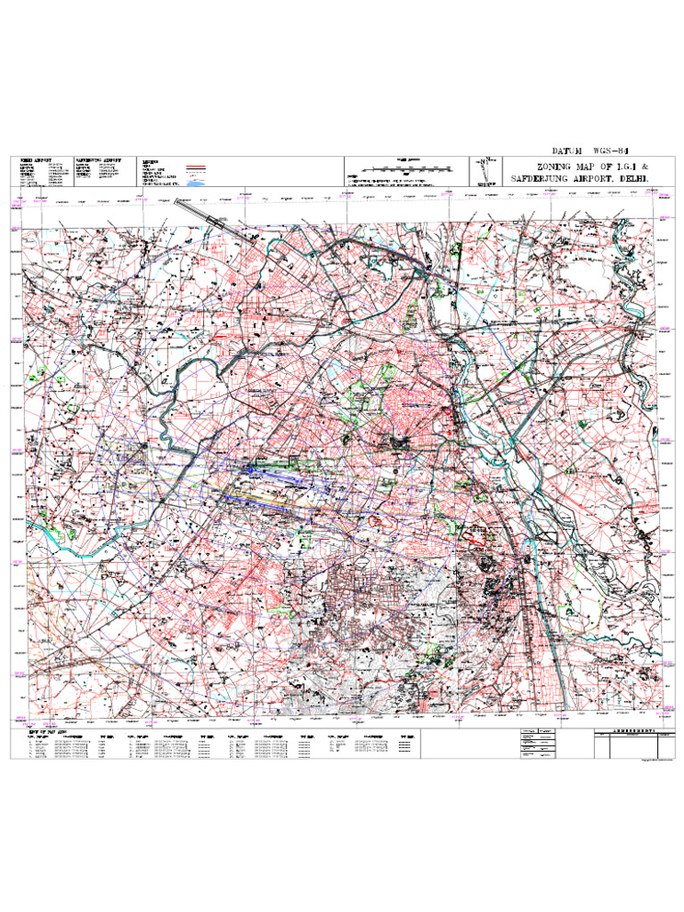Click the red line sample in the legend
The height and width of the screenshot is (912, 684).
tap(195, 167)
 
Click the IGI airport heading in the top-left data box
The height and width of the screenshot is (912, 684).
tap(33, 160)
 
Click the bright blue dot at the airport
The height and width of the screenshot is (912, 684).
tap(252, 468)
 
